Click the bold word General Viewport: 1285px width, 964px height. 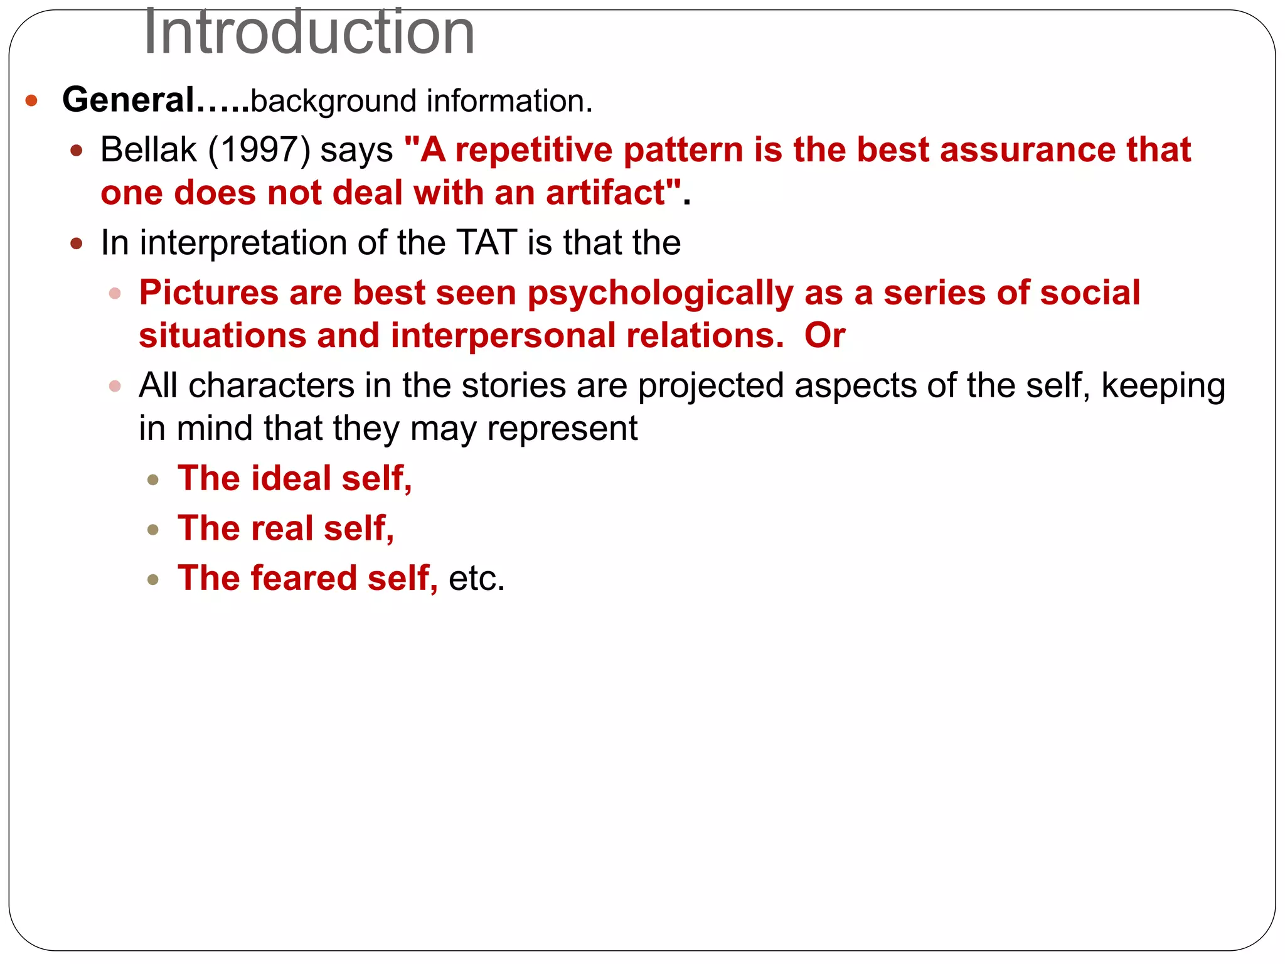(129, 100)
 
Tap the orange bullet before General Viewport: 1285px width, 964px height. (31, 100)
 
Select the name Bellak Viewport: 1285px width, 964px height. (149, 150)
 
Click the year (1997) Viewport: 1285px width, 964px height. (259, 150)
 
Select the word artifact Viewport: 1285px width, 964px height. (605, 193)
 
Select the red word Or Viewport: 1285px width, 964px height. (824, 336)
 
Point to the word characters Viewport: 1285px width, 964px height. (271, 385)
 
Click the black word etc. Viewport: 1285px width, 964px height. (476, 579)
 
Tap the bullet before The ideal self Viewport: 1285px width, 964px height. (153, 481)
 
